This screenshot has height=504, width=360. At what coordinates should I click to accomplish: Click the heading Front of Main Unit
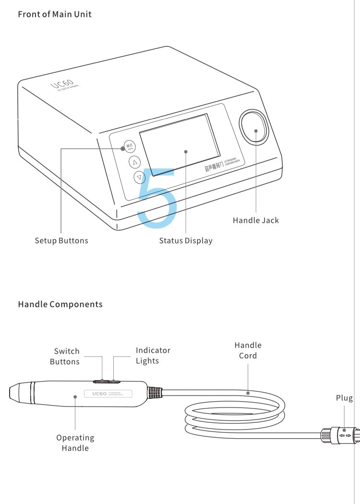(x=54, y=14)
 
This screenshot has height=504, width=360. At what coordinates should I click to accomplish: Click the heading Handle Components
(x=60, y=304)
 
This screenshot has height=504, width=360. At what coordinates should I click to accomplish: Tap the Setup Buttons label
(x=61, y=240)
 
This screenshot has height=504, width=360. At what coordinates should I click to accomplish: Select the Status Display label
(x=186, y=240)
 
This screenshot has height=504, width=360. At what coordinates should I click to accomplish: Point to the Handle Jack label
(x=256, y=220)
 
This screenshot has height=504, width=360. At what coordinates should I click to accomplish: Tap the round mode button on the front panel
(x=129, y=146)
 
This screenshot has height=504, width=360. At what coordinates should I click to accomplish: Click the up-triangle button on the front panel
(x=134, y=162)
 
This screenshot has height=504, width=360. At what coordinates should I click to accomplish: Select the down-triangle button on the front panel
(x=139, y=177)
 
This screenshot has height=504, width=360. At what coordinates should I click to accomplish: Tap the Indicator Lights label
(x=153, y=355)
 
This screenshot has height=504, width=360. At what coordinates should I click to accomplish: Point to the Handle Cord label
(x=248, y=350)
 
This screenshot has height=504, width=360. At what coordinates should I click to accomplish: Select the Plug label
(x=344, y=398)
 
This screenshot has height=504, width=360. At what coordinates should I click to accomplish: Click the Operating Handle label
(x=75, y=443)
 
